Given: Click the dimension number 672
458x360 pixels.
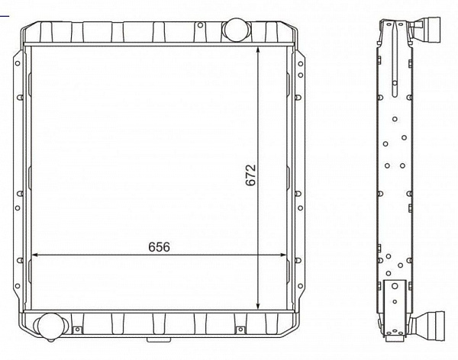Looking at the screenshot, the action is pyautogui.click(x=250, y=175).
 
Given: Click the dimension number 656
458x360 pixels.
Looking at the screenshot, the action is pyautogui.click(x=160, y=247).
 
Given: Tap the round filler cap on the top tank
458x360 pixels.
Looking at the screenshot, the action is pyautogui.click(x=236, y=30).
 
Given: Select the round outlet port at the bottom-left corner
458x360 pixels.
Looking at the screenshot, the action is pyautogui.click(x=50, y=326).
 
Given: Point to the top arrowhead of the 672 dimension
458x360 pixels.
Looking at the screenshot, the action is pyautogui.click(x=258, y=51).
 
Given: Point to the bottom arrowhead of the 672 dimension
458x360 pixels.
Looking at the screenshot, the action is pyautogui.click(x=258, y=305).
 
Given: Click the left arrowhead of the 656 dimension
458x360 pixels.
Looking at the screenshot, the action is pyautogui.click(x=35, y=255).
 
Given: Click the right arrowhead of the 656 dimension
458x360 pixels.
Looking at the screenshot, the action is pyautogui.click(x=282, y=255).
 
